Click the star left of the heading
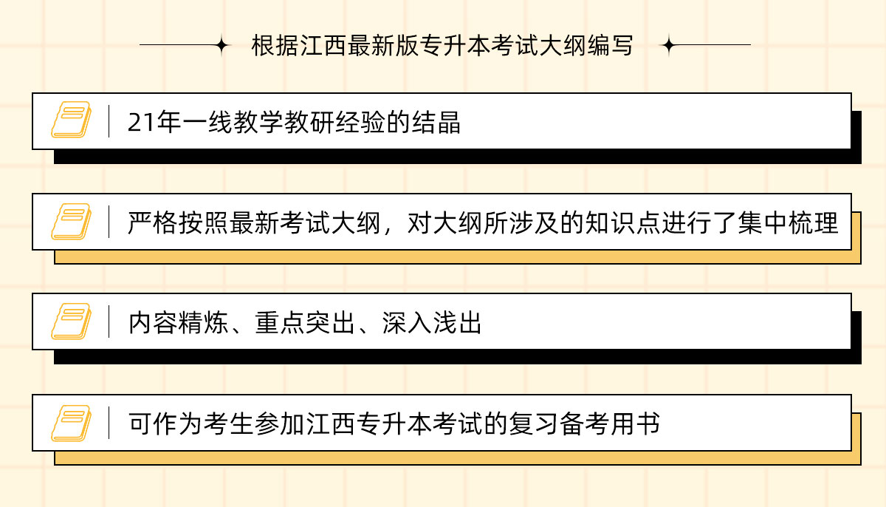click(221, 46)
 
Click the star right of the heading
click(668, 46)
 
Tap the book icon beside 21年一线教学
click(71, 120)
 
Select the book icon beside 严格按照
click(71, 221)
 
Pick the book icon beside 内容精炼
click(71, 321)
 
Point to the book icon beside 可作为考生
click(71, 423)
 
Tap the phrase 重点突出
click(305, 324)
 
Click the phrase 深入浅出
click(432, 324)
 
